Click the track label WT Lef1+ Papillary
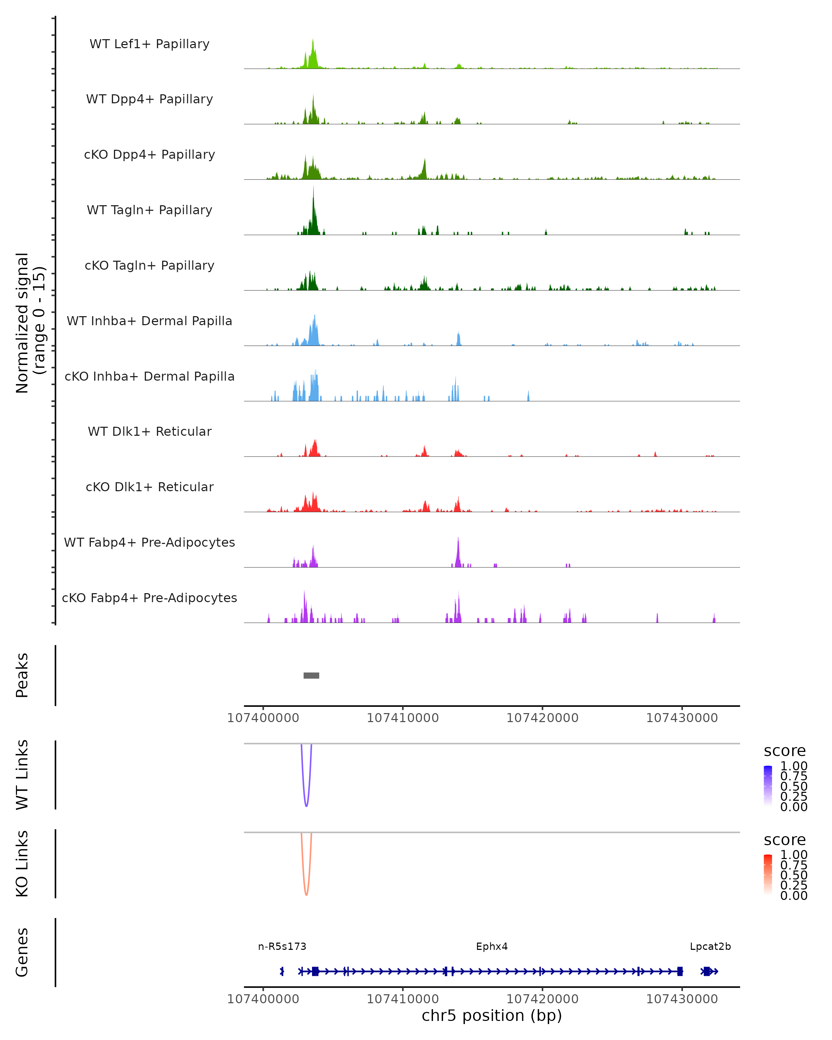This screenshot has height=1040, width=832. click(x=149, y=44)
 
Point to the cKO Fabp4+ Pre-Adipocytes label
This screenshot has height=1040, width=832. click(x=149, y=598)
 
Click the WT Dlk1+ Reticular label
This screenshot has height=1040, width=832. click(x=149, y=431)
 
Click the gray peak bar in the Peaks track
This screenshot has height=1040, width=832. click(x=311, y=675)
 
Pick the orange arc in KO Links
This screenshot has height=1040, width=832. click(x=306, y=893)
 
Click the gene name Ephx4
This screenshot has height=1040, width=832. click(x=492, y=946)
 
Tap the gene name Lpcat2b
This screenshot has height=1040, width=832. click(x=710, y=946)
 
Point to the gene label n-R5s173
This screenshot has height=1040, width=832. click(x=282, y=946)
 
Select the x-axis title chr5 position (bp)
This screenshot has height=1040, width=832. click(x=492, y=1015)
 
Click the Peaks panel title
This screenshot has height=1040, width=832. click(x=22, y=675)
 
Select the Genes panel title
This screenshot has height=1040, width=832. click(x=22, y=952)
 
